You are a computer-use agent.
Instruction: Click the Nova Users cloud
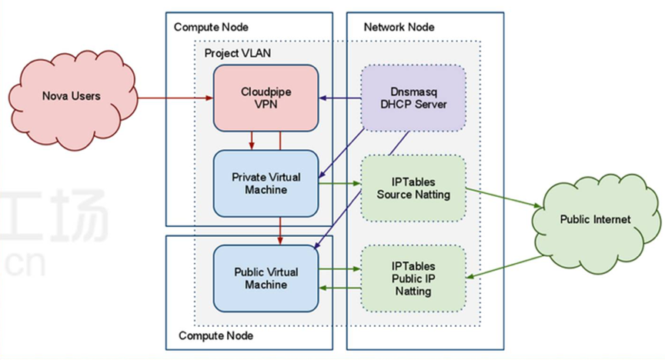pos(73,98)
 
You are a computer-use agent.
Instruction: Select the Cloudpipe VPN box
pos(266,98)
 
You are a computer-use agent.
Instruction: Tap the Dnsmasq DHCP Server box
pos(413,98)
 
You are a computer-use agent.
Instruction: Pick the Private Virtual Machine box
pos(266,183)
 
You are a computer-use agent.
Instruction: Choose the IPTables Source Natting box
pos(413,188)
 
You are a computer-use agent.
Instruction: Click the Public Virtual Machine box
pos(266,278)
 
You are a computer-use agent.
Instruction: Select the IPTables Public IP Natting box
pos(413,278)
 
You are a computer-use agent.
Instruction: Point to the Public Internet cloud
pos(596,222)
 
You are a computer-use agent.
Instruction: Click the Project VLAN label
pos(238,53)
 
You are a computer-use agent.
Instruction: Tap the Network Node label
pos(399,27)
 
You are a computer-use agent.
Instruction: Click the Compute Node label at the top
pos(211,27)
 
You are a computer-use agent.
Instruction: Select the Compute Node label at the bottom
pos(216,336)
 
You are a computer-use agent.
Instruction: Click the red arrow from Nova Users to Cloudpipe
pos(175,98)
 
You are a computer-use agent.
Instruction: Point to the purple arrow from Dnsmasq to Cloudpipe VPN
pos(339,98)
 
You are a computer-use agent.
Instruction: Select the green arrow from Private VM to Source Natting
pos(339,183)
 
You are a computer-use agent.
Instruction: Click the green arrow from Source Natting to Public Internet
pos(504,198)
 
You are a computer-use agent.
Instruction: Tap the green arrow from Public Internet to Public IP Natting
pos(505,267)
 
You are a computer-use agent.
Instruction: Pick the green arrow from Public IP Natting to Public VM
pos(339,288)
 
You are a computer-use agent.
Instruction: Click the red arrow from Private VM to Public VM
pos(280,231)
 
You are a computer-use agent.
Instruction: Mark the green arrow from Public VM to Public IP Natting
pos(339,268)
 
